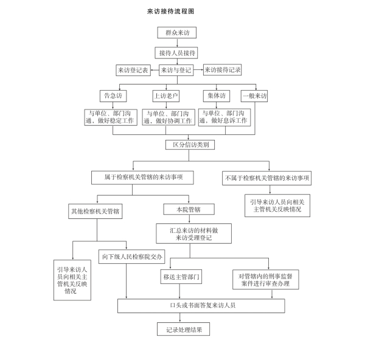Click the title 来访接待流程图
tap(170, 11)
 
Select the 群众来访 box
tap(177, 33)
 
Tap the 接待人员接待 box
tap(176, 53)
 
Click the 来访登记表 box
tap(133, 70)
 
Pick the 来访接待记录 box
tap(222, 69)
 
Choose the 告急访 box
tap(113, 96)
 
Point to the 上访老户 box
tap(166, 96)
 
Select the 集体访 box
tap(217, 96)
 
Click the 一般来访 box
tap(254, 96)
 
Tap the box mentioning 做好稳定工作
tap(111, 117)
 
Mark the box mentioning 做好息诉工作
tap(224, 117)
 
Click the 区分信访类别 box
tap(190, 145)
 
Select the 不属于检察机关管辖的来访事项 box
tap(267, 178)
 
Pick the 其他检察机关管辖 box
tap(96, 211)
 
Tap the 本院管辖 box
tap(189, 209)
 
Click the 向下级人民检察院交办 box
tap(132, 257)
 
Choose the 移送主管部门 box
tap(181, 277)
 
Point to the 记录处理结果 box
tap(184, 329)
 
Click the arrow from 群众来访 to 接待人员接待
tap(177, 43)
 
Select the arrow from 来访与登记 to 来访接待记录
tap(198, 69)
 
